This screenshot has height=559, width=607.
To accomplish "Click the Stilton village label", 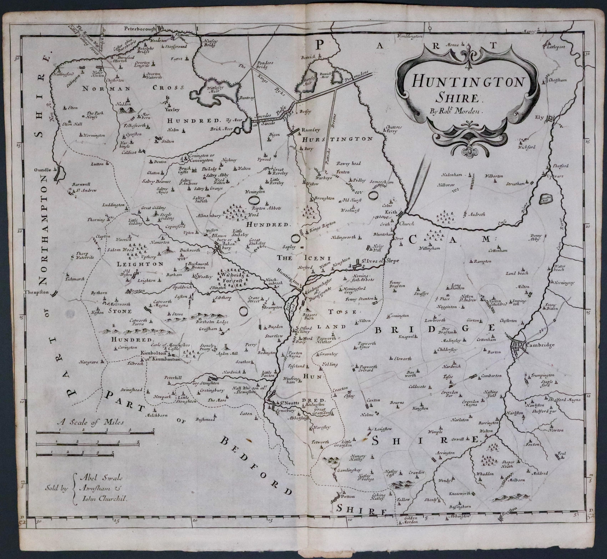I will coord(168,141).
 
